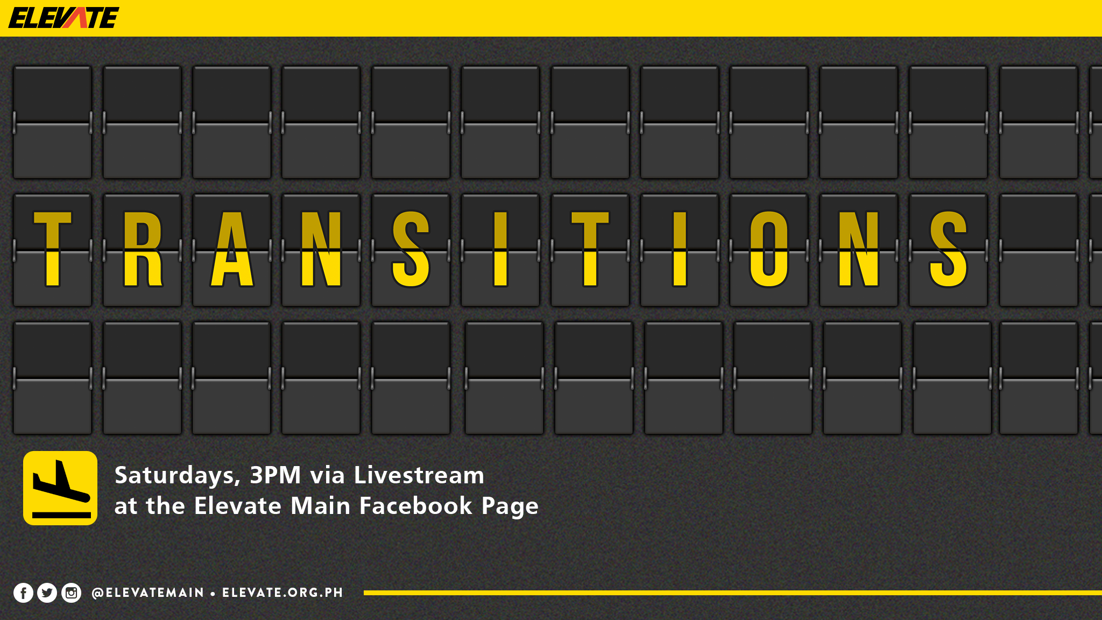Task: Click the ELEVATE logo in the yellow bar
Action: pos(63,18)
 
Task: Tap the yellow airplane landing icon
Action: pos(60,488)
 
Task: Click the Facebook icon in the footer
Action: pos(23,593)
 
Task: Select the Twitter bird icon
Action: pos(47,593)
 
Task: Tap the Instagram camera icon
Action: pos(71,593)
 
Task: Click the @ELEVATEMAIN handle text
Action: pos(148,593)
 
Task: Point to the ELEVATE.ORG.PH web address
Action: pos(282,593)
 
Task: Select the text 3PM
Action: pos(275,475)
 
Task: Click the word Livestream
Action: pos(419,475)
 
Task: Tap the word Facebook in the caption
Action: pos(416,506)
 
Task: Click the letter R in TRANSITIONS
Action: pos(142,248)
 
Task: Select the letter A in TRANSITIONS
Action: pos(232,248)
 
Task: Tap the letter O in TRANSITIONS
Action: pos(769,248)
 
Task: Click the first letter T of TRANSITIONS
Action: pos(52,248)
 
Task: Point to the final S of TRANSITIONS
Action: pos(948,248)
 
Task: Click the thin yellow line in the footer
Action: pos(733,593)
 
